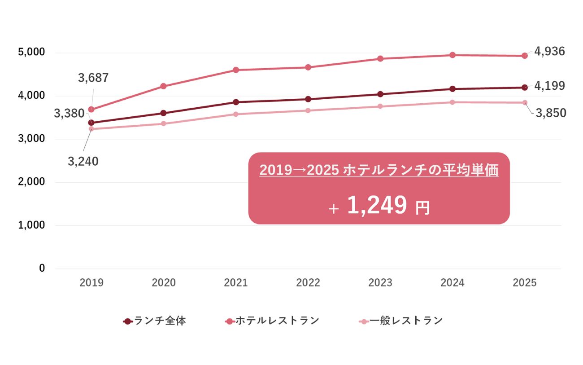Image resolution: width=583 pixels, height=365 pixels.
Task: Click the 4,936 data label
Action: click(x=549, y=51)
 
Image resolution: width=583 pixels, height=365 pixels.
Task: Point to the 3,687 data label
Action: click(x=93, y=78)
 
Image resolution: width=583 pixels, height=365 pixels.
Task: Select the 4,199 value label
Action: click(x=549, y=86)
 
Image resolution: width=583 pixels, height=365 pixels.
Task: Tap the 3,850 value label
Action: click(x=551, y=113)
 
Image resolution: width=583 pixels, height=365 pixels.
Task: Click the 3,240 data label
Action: click(x=83, y=162)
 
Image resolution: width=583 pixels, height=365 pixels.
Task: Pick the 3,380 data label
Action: click(x=69, y=113)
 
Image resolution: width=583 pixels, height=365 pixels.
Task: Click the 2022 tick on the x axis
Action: click(x=308, y=283)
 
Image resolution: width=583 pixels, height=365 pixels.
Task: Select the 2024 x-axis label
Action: click(x=452, y=283)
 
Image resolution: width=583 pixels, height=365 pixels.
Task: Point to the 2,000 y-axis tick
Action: click(x=31, y=181)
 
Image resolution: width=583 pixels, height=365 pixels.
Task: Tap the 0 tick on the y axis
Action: click(x=42, y=268)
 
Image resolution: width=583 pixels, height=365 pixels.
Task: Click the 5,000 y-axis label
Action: click(x=31, y=52)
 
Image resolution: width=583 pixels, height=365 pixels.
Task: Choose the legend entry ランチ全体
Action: click(x=155, y=321)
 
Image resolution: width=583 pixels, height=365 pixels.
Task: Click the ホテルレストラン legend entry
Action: click(x=272, y=321)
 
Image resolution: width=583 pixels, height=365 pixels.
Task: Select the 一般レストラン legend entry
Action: click(x=401, y=321)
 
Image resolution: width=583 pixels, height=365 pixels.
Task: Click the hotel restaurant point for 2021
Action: click(x=236, y=70)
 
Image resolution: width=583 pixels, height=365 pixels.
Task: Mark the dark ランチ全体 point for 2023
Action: click(x=380, y=94)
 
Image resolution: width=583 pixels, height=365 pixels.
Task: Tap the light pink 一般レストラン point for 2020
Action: click(x=163, y=123)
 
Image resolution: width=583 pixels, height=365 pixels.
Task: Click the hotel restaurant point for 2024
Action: click(x=452, y=55)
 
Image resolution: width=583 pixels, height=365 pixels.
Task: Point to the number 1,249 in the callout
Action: click(x=377, y=205)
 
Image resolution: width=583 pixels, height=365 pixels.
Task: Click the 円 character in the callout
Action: click(x=422, y=208)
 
